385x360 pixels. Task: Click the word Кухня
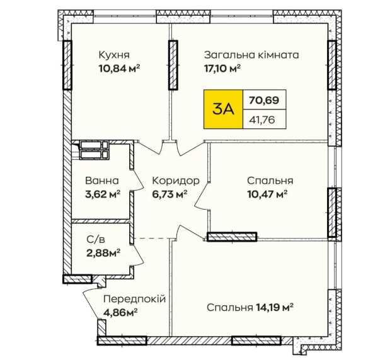coord(114,55)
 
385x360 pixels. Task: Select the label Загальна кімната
coord(251,55)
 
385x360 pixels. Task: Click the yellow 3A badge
coord(224,108)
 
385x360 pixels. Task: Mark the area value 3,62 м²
coord(103,194)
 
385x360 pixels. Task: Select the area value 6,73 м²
coord(171,194)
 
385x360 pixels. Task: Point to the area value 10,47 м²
coord(268,194)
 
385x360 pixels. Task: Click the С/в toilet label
coord(97,240)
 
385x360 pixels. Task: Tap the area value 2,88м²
coord(103,253)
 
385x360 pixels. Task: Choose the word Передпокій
coord(134,298)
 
